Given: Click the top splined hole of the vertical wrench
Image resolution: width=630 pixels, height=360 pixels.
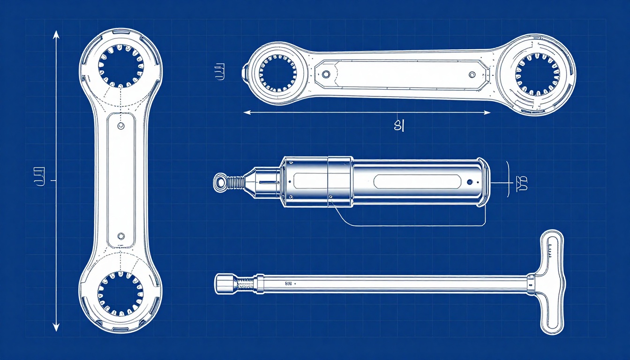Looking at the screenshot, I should click(120, 66).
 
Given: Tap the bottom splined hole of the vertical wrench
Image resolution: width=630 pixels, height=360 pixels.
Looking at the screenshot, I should click(120, 293).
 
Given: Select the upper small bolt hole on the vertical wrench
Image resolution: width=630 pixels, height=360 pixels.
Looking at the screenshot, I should click(121, 126).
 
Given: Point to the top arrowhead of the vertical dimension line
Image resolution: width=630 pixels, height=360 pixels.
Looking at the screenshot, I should click(56, 34).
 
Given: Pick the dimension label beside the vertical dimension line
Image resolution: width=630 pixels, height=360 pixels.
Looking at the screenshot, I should click(39, 177).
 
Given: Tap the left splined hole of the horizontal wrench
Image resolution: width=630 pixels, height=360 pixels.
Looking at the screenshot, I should click(277, 73).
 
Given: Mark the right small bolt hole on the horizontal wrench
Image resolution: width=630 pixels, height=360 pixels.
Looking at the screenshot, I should click(472, 74).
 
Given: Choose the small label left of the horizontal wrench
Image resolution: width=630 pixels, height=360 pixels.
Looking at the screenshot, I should click(218, 73).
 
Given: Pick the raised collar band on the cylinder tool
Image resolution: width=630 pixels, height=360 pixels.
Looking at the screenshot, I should click(339, 181).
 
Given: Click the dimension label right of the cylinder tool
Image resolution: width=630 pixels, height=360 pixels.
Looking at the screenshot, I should click(522, 184).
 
